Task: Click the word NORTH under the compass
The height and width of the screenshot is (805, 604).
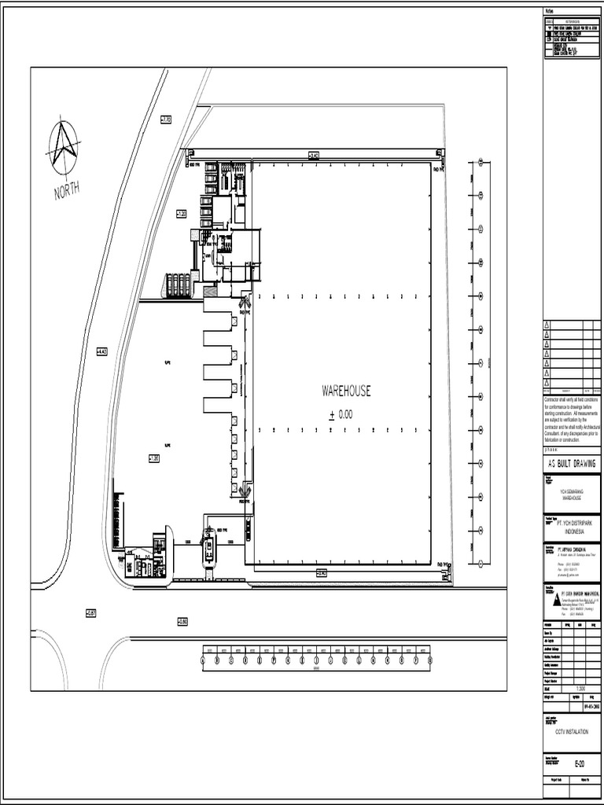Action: click(67, 189)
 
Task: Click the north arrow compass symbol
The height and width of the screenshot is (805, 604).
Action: click(62, 147)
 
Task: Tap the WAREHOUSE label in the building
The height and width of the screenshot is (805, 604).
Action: click(346, 391)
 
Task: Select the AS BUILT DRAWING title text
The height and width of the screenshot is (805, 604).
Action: click(572, 463)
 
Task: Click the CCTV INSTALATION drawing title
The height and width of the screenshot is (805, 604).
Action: click(572, 731)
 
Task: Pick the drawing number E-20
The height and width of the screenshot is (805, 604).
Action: click(579, 763)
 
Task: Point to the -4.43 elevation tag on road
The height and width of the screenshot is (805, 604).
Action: click(101, 351)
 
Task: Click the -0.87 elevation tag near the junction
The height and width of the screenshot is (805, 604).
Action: click(91, 612)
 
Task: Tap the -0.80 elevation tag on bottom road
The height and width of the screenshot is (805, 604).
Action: click(182, 621)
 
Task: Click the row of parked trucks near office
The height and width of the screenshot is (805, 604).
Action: click(177, 285)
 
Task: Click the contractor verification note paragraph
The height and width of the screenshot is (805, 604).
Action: click(572, 421)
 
